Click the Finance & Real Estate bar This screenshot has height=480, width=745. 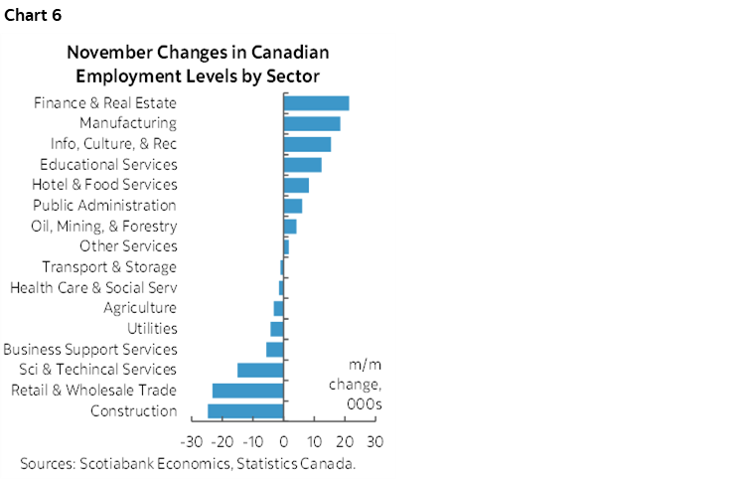point(316,103)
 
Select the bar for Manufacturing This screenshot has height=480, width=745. point(312,123)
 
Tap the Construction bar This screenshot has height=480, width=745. point(245,410)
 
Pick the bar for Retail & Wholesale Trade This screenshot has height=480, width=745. point(248,390)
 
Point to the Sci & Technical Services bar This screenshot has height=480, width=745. point(260,370)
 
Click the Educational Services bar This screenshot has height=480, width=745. point(302,165)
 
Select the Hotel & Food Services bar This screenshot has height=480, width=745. point(296,185)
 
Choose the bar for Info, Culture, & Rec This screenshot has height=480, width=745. point(307,144)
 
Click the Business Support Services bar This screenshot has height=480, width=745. point(275,349)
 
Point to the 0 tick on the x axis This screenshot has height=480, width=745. point(284,440)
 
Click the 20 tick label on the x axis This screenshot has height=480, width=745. point(345,440)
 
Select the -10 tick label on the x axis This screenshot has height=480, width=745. point(253,440)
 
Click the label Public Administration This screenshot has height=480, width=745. point(104,206)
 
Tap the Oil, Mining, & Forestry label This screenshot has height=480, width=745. point(103,227)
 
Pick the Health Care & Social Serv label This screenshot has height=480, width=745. point(93,288)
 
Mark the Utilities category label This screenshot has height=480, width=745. point(152,329)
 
